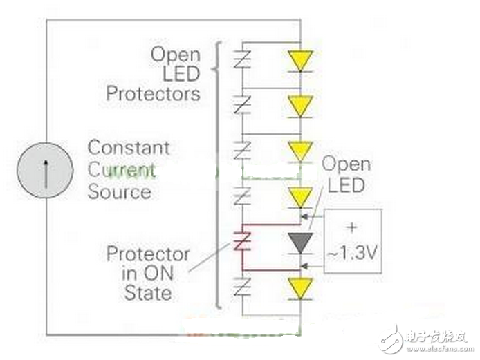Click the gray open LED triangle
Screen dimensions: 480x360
pos(300,243)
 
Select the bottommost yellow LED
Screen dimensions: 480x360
pos(300,288)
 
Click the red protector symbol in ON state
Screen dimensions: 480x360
pos(242,242)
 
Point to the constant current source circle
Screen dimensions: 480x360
pos(45,170)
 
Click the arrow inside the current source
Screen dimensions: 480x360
pos(46,173)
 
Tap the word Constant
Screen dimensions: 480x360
pos(129,148)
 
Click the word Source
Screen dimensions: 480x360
pos(120,192)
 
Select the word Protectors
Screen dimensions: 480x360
pos(153,93)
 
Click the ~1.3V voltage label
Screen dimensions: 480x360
pos(352,253)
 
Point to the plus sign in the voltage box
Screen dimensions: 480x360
pos(352,227)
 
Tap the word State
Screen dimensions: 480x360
pos(148,293)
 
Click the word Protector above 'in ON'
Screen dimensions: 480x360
pos(148,254)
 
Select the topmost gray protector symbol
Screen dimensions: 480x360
pos(242,59)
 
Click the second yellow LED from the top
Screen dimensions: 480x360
pos(300,106)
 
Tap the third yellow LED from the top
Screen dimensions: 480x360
pos(300,152)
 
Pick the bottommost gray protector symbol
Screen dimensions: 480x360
pos(242,287)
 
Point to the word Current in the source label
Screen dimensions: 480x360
pos(122,170)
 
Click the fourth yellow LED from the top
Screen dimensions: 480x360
pos(300,198)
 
